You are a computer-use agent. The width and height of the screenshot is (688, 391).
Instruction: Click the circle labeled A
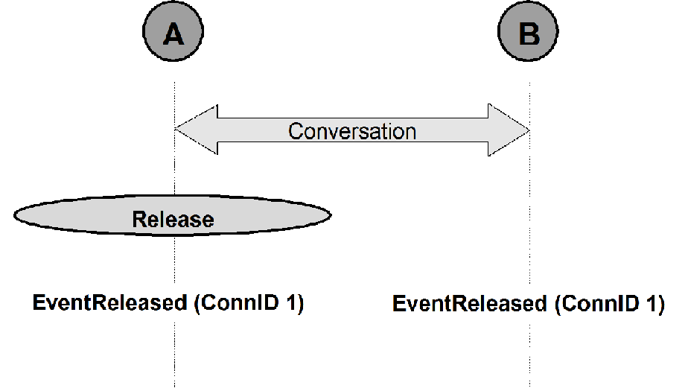173,31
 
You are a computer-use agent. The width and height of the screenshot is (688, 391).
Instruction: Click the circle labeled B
529,31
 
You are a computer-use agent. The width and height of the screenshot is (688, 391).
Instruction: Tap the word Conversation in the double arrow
352,131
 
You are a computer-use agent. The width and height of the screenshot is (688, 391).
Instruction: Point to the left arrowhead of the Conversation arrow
196,130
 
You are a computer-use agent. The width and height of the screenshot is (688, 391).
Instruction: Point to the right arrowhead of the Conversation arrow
509,130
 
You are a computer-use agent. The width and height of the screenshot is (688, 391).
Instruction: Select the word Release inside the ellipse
173,219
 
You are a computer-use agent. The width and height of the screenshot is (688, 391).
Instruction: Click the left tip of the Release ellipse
14,215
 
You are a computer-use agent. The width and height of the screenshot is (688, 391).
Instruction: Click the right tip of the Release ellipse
331,215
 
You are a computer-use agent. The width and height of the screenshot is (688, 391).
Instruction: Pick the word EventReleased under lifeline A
110,302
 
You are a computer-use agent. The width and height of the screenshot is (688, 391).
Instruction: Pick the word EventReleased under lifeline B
470,303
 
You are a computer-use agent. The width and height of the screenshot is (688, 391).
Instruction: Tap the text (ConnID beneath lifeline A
237,303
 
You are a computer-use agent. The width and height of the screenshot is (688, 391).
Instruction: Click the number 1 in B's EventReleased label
652,303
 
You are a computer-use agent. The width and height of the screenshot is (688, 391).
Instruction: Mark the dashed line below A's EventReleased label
175,355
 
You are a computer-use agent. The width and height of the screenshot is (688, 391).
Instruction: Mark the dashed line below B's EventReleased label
530,355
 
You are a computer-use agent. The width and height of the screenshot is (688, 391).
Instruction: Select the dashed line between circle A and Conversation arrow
175,105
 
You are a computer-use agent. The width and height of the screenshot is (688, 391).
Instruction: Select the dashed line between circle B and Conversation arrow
530,106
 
